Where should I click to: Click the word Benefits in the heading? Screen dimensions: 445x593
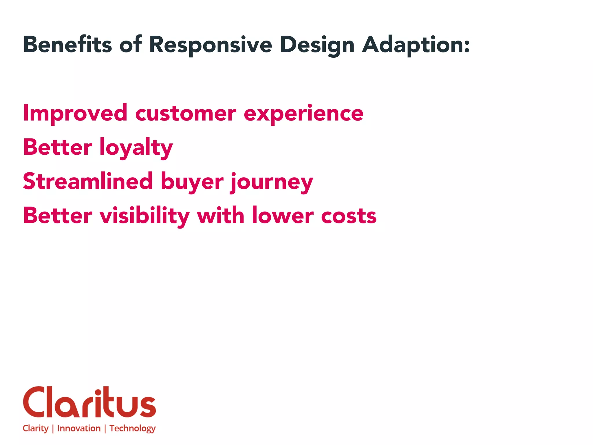(67, 45)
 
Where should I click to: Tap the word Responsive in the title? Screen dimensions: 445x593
(211, 45)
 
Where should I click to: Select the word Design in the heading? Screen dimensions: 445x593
(317, 45)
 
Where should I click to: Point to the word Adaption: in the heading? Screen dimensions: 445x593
(416, 45)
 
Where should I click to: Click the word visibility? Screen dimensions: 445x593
(144, 216)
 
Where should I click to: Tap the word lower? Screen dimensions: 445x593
(283, 216)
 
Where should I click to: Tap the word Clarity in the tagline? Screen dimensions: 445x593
(36, 428)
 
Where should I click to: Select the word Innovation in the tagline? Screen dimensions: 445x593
(79, 428)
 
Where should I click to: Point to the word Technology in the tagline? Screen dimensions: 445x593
(132, 428)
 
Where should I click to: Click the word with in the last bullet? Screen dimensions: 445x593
(220, 216)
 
